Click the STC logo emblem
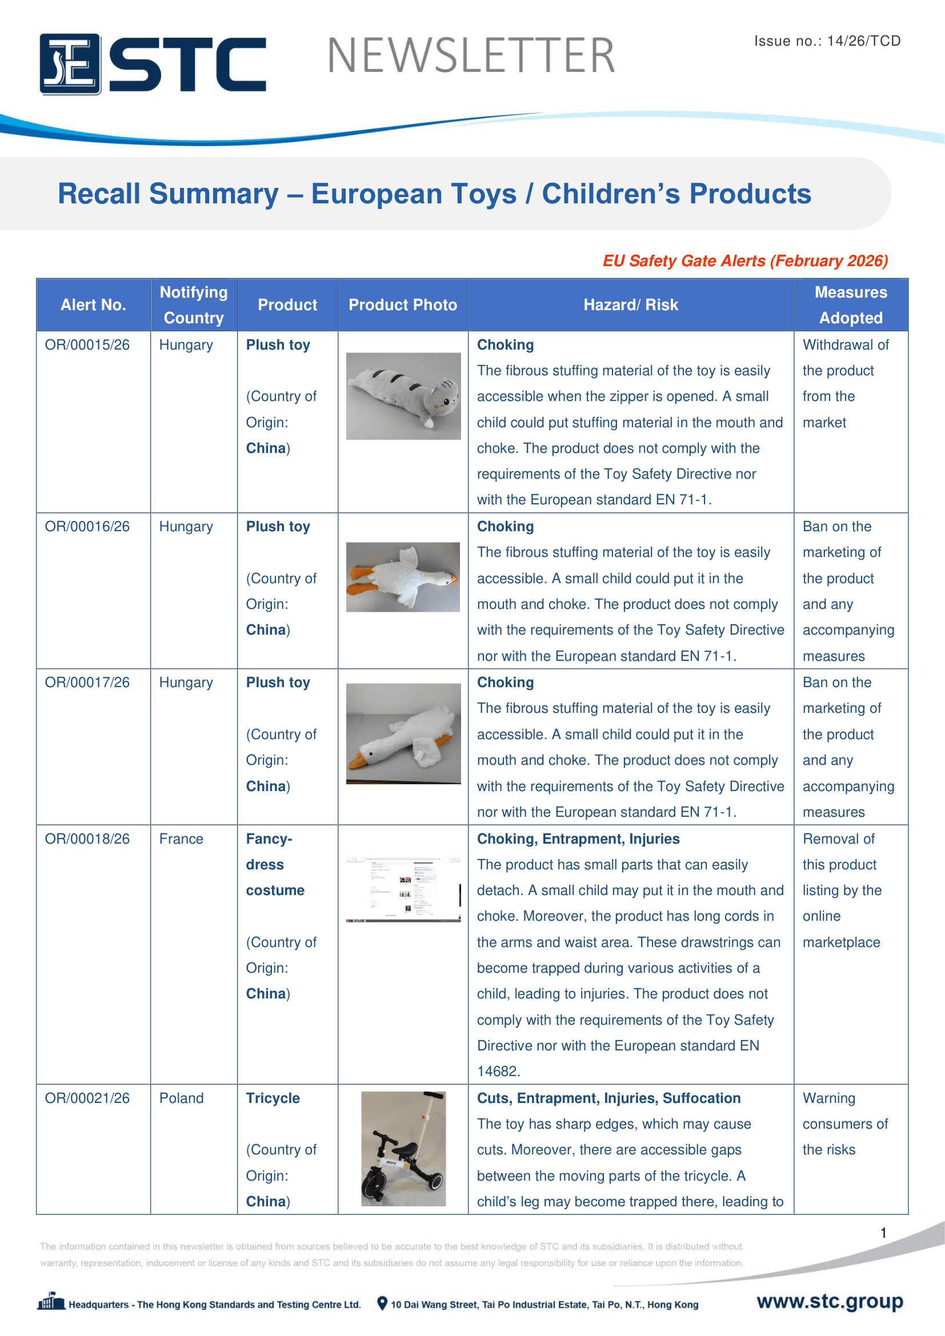click(70, 64)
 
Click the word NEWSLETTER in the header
click(471, 56)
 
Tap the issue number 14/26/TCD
click(863, 41)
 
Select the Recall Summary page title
click(434, 194)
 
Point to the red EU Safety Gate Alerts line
click(745, 260)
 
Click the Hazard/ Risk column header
click(630, 305)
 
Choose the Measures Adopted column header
click(850, 305)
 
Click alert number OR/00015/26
click(87, 345)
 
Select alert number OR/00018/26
click(87, 838)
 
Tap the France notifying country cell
click(181, 838)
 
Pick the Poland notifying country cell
click(181, 1098)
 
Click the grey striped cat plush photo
click(403, 396)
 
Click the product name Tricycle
click(273, 1098)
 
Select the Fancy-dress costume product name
click(275, 865)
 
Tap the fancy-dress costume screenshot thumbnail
click(403, 889)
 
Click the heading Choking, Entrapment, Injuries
click(578, 838)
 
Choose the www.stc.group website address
click(829, 1301)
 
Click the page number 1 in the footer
click(883, 1233)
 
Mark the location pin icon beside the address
click(382, 1303)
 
